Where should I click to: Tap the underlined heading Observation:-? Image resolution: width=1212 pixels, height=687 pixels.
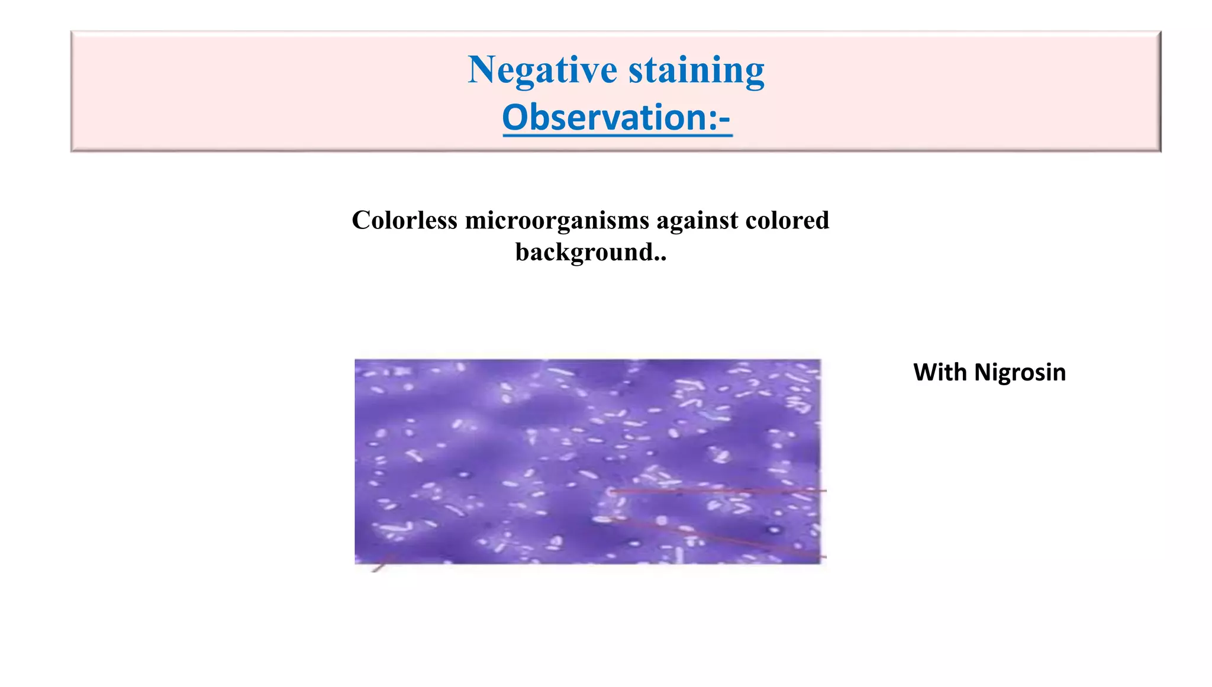pos(617,117)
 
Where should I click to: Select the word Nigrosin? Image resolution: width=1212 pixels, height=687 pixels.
pos(1020,372)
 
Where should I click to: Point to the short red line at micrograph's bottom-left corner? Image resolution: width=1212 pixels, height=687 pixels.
pos(382,563)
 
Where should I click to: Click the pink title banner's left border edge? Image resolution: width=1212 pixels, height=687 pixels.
pos(72,92)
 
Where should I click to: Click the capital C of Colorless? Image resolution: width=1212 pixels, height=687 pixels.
pos(360,220)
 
